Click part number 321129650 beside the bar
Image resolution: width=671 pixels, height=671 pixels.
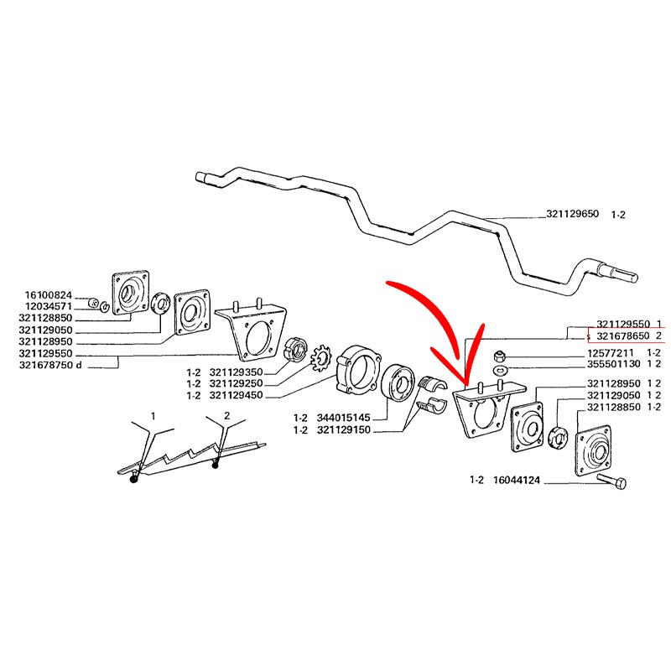click(572, 214)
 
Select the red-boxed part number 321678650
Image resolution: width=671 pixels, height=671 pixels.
click(622, 336)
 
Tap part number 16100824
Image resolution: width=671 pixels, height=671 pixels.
click(49, 295)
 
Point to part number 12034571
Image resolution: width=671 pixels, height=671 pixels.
click(49, 307)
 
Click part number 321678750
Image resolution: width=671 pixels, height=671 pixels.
click(46, 366)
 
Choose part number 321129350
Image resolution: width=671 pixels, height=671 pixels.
click(236, 372)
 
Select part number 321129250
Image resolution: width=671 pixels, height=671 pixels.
click(236, 383)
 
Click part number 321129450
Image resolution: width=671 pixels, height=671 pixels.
click(236, 395)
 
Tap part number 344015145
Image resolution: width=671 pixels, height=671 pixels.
click(343, 418)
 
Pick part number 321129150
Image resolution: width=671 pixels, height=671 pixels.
click(343, 429)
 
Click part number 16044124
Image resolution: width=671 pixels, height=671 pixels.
click(517, 480)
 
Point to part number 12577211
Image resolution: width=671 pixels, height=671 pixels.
click(611, 353)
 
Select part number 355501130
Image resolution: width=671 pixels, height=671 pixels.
click(614, 364)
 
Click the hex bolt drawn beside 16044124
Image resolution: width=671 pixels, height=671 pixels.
click(612, 481)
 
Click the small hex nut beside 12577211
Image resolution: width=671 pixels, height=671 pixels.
click(497, 355)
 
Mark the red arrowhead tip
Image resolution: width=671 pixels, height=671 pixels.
click(466, 383)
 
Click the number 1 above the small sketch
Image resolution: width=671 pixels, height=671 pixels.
click(153, 415)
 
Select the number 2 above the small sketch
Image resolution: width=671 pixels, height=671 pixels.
click(226, 415)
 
